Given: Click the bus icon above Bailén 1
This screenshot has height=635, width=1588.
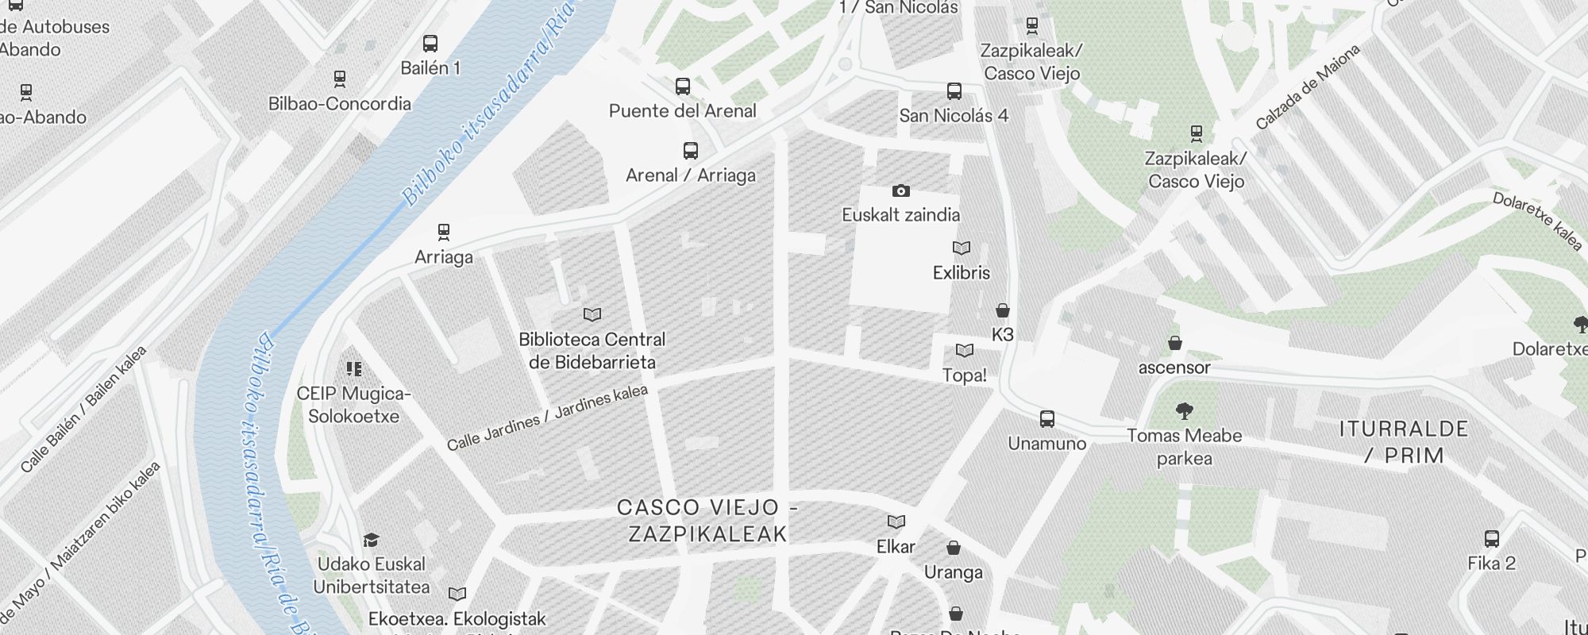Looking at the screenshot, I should click(x=430, y=44).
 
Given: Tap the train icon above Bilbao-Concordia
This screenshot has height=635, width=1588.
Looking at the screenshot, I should click(x=340, y=79).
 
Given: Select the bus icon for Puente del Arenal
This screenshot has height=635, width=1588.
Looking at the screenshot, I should click(x=683, y=87).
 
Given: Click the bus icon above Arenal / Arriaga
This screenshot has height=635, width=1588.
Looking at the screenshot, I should click(x=691, y=151).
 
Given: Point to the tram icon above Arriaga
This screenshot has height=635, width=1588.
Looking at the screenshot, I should click(x=444, y=233).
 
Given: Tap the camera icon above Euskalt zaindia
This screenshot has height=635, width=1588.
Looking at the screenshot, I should click(x=900, y=190).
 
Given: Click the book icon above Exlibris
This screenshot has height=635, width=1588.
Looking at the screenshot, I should click(x=962, y=248).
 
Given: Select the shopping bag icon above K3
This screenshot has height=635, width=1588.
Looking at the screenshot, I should click(x=1003, y=310).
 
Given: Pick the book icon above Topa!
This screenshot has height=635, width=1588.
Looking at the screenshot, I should click(x=965, y=351).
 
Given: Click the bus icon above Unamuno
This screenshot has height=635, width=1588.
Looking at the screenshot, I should click(x=1047, y=419).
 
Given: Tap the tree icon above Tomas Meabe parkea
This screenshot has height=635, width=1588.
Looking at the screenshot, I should click(x=1184, y=411).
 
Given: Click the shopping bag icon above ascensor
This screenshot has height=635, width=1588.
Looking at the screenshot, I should click(x=1174, y=343).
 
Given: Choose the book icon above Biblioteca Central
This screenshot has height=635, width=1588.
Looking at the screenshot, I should click(x=592, y=315).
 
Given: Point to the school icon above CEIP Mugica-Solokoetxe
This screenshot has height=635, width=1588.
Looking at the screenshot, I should click(x=354, y=369).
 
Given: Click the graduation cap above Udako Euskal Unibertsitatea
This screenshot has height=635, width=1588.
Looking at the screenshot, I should click(x=371, y=541).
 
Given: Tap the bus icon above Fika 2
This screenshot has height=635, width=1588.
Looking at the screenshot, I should click(x=1492, y=539).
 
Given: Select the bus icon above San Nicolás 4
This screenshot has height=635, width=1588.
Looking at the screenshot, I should click(x=954, y=91).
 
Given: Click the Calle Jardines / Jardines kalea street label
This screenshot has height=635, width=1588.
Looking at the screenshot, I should click(x=547, y=418).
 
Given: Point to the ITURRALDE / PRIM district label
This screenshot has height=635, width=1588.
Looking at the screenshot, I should click(x=1403, y=442).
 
